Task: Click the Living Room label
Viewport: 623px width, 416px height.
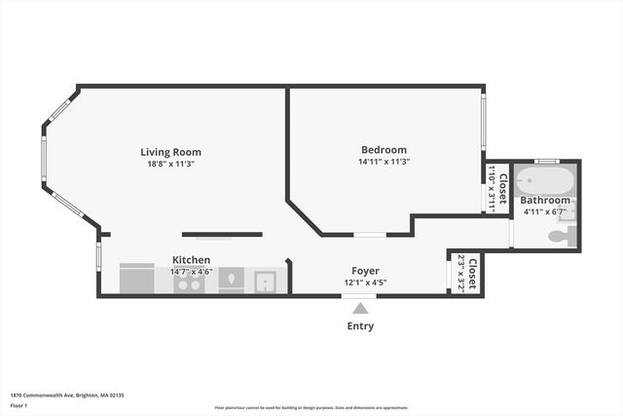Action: click(170, 152)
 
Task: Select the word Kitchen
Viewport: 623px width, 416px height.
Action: click(192, 260)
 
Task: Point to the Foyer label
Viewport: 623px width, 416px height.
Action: click(365, 271)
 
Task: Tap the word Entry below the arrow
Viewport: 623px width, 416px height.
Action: click(360, 326)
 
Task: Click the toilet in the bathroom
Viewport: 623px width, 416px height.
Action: click(561, 236)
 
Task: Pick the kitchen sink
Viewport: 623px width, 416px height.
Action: click(266, 282)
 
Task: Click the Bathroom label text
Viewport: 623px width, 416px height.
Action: click(544, 200)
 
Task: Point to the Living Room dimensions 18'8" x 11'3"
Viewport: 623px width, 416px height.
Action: click(170, 164)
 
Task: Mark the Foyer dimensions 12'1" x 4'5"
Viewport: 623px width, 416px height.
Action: click(365, 283)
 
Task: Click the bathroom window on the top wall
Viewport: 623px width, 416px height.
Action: click(547, 161)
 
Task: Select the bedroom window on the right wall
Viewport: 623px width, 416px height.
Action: click(483, 122)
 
